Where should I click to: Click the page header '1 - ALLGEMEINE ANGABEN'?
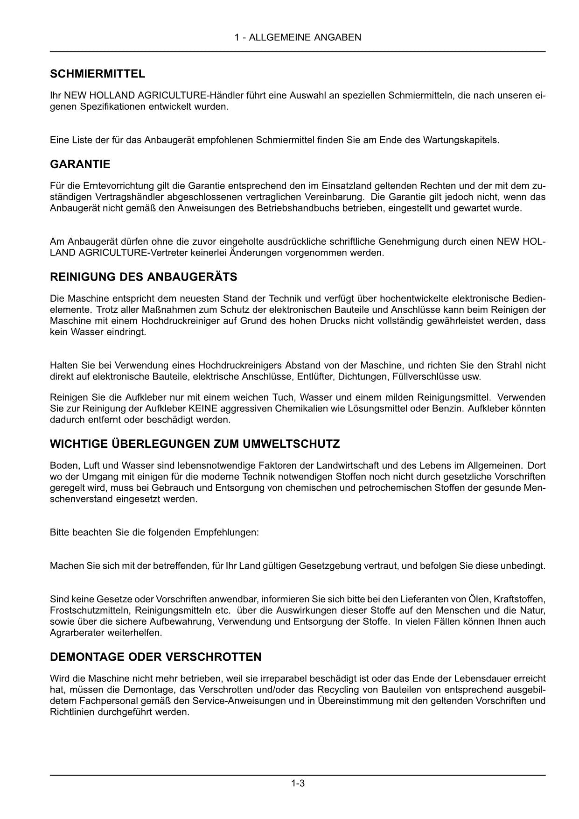click(298, 37)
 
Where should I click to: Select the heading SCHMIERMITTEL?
click(98, 74)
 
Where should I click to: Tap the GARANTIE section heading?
click(80, 164)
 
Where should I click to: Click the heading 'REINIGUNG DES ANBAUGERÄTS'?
click(143, 277)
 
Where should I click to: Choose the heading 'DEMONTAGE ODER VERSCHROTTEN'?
click(155, 657)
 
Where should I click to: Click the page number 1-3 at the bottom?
click(298, 783)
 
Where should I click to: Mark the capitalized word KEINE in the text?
click(203, 409)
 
